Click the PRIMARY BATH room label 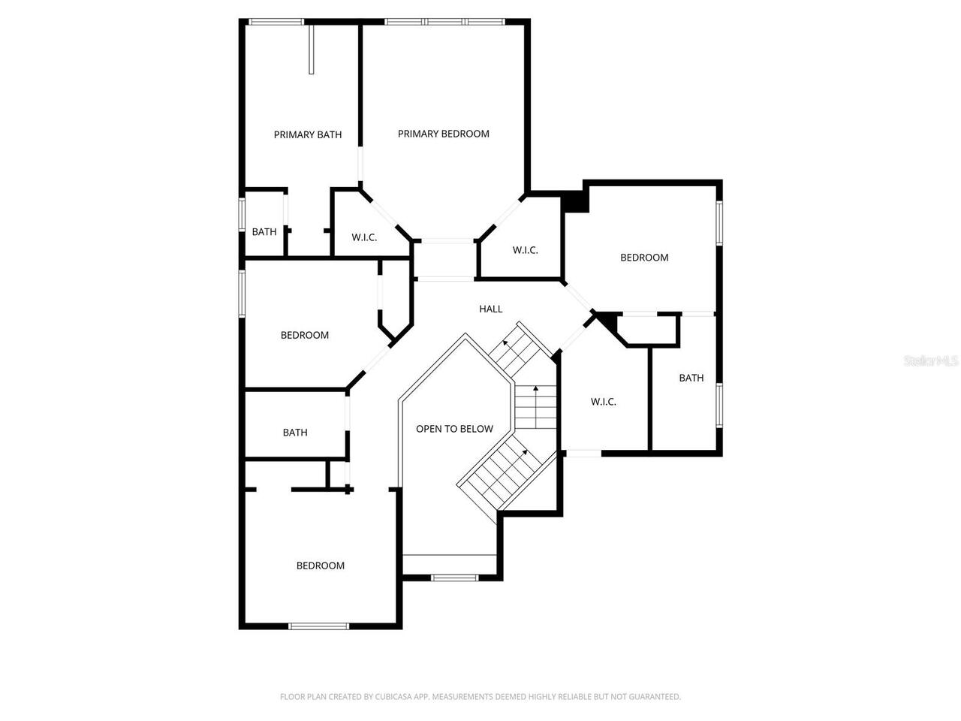pos(307,135)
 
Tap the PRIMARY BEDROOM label pos(443,134)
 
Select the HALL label pos(490,309)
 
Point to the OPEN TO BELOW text pos(454,429)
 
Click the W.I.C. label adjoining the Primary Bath pos(364,237)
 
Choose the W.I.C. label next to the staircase pos(603,402)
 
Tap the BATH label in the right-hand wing pos(691,378)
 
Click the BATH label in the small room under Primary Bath pos(264,232)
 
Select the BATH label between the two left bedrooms pos(295,433)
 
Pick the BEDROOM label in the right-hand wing pos(643,258)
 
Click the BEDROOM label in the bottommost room pos(320,566)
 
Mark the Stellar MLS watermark pos(931,361)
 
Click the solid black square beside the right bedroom pos(576,201)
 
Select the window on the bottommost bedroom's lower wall pos(318,626)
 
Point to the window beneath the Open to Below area pos(454,578)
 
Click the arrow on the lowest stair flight pos(524,453)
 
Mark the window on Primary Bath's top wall pos(276,22)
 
